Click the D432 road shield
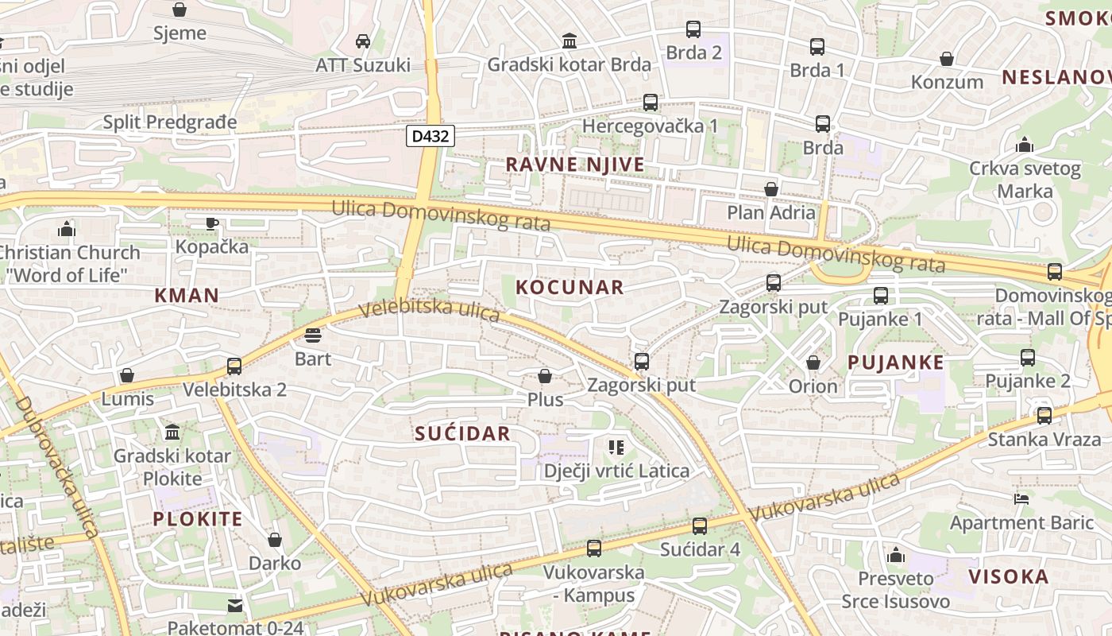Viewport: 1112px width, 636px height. pos(431,136)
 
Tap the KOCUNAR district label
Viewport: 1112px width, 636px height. pos(570,288)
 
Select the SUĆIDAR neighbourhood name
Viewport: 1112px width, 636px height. pos(462,433)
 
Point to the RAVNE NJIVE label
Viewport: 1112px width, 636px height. pos(575,165)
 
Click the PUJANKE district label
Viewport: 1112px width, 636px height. pos(895,363)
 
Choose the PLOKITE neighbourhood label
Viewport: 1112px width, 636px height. pos(197,520)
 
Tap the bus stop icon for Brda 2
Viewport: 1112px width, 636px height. pos(693,29)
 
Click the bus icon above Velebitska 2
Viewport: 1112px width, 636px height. pos(234,366)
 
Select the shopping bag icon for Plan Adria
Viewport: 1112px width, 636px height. pos(770,189)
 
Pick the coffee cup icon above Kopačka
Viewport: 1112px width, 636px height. pos(211,223)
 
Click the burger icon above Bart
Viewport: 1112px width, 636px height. pos(312,335)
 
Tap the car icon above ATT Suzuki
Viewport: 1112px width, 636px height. pos(363,41)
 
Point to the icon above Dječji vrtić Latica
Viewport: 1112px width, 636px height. pos(616,448)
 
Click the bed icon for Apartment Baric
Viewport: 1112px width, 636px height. pos(1021,499)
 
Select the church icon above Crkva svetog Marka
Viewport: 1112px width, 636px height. pos(1025,145)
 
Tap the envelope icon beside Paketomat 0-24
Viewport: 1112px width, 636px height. pos(234,606)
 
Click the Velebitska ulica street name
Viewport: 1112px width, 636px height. pos(430,309)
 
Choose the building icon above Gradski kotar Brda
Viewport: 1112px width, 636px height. pos(569,41)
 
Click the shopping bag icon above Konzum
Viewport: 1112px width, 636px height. pos(947,59)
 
